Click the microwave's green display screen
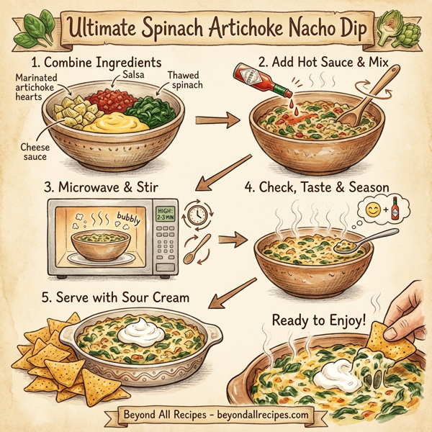click(165, 214)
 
